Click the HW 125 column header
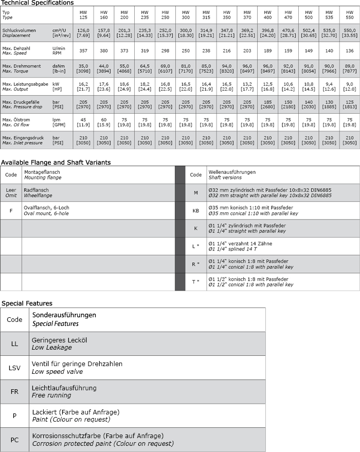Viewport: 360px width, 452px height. tap(83, 14)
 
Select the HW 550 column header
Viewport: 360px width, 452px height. tap(349, 14)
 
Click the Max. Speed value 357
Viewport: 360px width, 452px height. tap(83, 50)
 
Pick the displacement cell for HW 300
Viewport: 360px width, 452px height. tap(186, 33)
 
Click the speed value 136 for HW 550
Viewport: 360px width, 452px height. tap(349, 50)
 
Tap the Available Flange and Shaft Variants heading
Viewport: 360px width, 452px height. tap(56, 162)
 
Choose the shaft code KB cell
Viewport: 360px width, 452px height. tap(195, 211)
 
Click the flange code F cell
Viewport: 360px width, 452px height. tap(11, 211)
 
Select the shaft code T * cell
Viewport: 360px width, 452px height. tap(195, 282)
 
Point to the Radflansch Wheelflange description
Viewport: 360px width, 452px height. tap(37, 192)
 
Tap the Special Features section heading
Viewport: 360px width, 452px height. tap(27, 303)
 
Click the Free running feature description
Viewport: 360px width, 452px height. tap(51, 395)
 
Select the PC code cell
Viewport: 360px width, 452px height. tap(14, 440)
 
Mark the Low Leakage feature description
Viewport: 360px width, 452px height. tap(51, 348)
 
